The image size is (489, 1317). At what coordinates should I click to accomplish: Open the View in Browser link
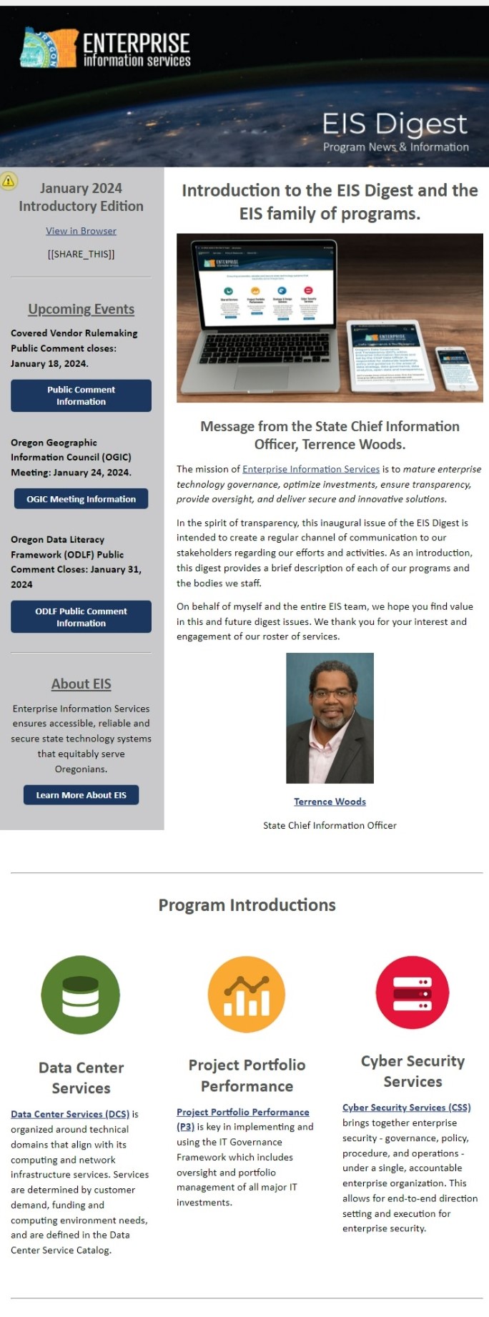coord(81,231)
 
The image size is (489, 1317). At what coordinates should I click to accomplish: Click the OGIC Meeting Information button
coord(81,499)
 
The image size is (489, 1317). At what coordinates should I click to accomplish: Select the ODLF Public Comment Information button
coord(81,617)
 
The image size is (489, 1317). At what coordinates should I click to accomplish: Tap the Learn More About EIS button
coord(81,795)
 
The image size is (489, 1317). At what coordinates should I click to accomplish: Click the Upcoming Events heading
coord(81,309)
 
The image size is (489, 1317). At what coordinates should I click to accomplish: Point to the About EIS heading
coord(81,684)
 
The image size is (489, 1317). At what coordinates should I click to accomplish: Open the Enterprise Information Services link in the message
coord(311,469)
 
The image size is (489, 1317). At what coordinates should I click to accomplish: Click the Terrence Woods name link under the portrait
coord(330,801)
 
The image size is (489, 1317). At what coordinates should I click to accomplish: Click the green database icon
coord(80,995)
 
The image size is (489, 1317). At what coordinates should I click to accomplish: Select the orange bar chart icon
coord(247,994)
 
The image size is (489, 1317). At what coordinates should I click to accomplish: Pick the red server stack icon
coord(413,992)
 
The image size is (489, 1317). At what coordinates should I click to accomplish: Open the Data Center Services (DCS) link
coord(70,1114)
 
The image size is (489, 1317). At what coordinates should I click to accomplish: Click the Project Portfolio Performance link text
coord(243,1112)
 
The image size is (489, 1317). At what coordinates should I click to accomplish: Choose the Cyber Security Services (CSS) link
coord(406,1108)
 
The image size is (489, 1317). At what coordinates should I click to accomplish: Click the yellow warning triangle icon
coord(9,181)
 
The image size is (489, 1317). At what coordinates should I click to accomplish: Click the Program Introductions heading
coord(247,905)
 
